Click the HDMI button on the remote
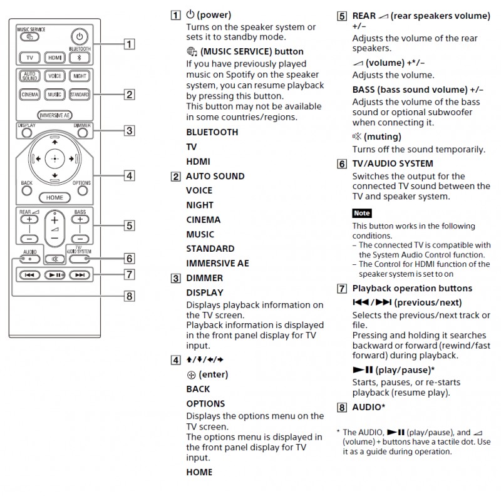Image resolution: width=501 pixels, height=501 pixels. click(54, 58)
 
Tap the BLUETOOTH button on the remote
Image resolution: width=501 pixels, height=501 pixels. click(80, 58)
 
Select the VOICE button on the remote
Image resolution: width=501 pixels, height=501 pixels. click(54, 75)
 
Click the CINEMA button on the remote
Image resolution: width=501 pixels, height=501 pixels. click(29, 95)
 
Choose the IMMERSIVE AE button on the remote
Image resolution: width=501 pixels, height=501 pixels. click(54, 115)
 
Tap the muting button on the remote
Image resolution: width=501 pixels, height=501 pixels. click(55, 257)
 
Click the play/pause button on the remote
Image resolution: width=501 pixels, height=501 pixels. click(54, 275)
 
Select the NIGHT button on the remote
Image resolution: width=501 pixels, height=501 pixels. click(80, 75)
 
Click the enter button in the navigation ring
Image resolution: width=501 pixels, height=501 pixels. click(55, 159)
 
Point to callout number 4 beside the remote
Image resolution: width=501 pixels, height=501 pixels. click(129, 176)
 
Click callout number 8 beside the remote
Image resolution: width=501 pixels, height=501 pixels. click(129, 296)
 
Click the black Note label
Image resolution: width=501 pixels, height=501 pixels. click(361, 214)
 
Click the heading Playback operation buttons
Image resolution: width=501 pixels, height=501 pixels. click(412, 289)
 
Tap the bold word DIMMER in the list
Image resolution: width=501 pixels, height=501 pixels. click(204, 278)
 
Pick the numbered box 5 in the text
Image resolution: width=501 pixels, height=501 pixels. click(342, 16)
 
